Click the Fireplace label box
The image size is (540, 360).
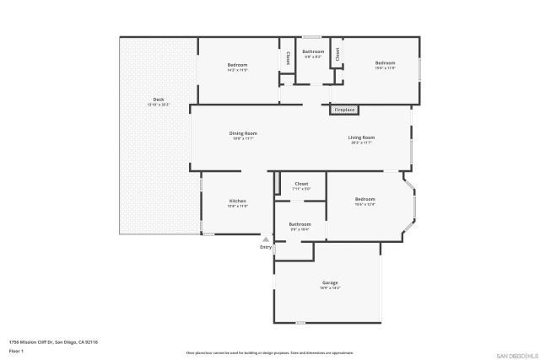point(344,110)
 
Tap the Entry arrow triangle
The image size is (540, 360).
point(266,239)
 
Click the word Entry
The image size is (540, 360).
point(266,247)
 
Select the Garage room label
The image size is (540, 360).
point(329,282)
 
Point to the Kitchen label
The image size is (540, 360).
point(238,201)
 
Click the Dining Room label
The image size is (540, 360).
point(243,133)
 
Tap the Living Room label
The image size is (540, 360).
point(362,137)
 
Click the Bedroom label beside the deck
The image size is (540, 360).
point(237,65)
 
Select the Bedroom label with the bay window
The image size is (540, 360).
point(364,199)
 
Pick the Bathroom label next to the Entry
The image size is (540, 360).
point(300,223)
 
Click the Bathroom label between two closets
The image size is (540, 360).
point(313,51)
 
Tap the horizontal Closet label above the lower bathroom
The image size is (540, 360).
point(301,184)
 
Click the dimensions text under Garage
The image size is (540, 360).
point(329,288)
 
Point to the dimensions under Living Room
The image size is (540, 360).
point(362,143)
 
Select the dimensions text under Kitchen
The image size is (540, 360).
point(238,206)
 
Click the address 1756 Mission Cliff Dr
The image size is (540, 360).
point(53,341)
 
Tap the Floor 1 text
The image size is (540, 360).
point(15,349)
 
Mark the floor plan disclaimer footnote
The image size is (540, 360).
point(269,352)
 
